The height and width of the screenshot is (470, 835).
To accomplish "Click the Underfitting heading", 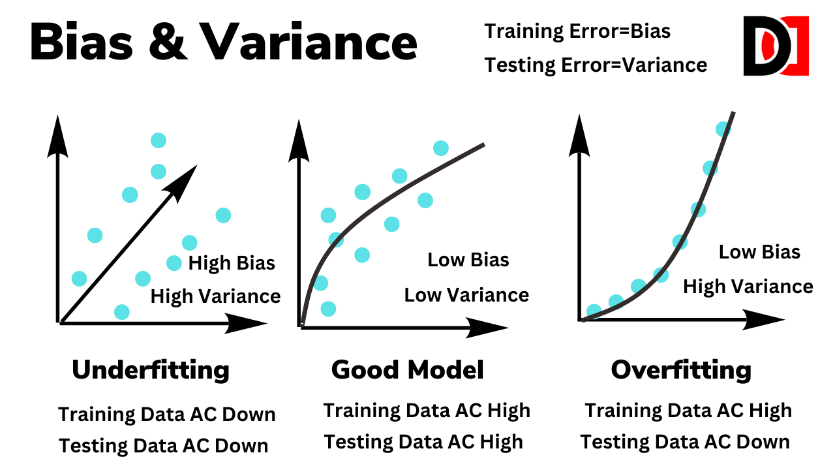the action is tap(151, 370).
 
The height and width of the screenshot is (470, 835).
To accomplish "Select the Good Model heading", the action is tap(408, 369).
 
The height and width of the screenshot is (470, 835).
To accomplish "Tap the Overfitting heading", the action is tap(681, 370).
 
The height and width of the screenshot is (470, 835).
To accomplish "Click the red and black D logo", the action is tap(776, 46).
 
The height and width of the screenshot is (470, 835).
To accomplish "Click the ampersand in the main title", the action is tap(168, 41).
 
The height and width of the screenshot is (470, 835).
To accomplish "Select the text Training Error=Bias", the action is tap(577, 31).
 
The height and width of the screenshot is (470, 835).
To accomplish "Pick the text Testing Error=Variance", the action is tap(596, 66).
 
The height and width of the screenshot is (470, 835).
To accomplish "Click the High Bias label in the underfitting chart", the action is tap(232, 263).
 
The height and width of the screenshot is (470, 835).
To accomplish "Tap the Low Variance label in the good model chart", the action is tap(466, 295).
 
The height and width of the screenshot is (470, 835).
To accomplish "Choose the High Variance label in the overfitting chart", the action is tap(748, 287).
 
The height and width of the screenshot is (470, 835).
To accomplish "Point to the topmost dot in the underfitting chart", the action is tap(159, 140).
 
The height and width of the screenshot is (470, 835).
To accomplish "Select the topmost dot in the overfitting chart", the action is tap(723, 129).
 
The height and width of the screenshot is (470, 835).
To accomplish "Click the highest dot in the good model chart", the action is tap(440, 148).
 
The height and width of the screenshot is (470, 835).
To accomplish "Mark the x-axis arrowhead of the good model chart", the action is tap(487, 328).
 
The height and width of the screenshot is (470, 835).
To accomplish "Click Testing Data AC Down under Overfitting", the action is tap(685, 443).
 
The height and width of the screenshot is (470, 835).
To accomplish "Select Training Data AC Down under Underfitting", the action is tap(167, 415).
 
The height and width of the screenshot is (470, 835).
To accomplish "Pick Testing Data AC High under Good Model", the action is tap(423, 443).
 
